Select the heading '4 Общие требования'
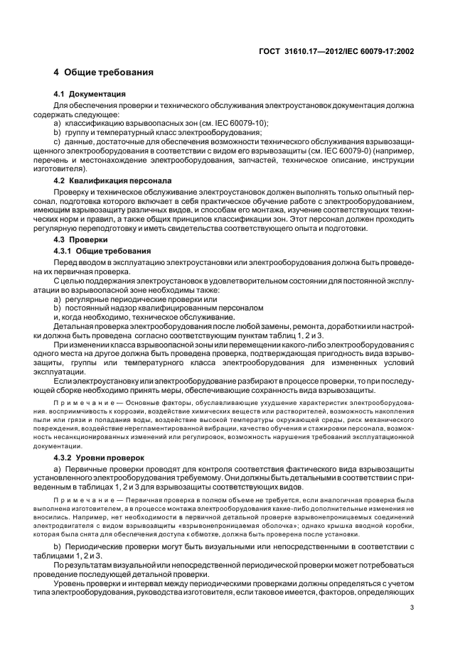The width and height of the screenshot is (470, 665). pos(103,72)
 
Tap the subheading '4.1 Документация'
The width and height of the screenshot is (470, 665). pos(90,94)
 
